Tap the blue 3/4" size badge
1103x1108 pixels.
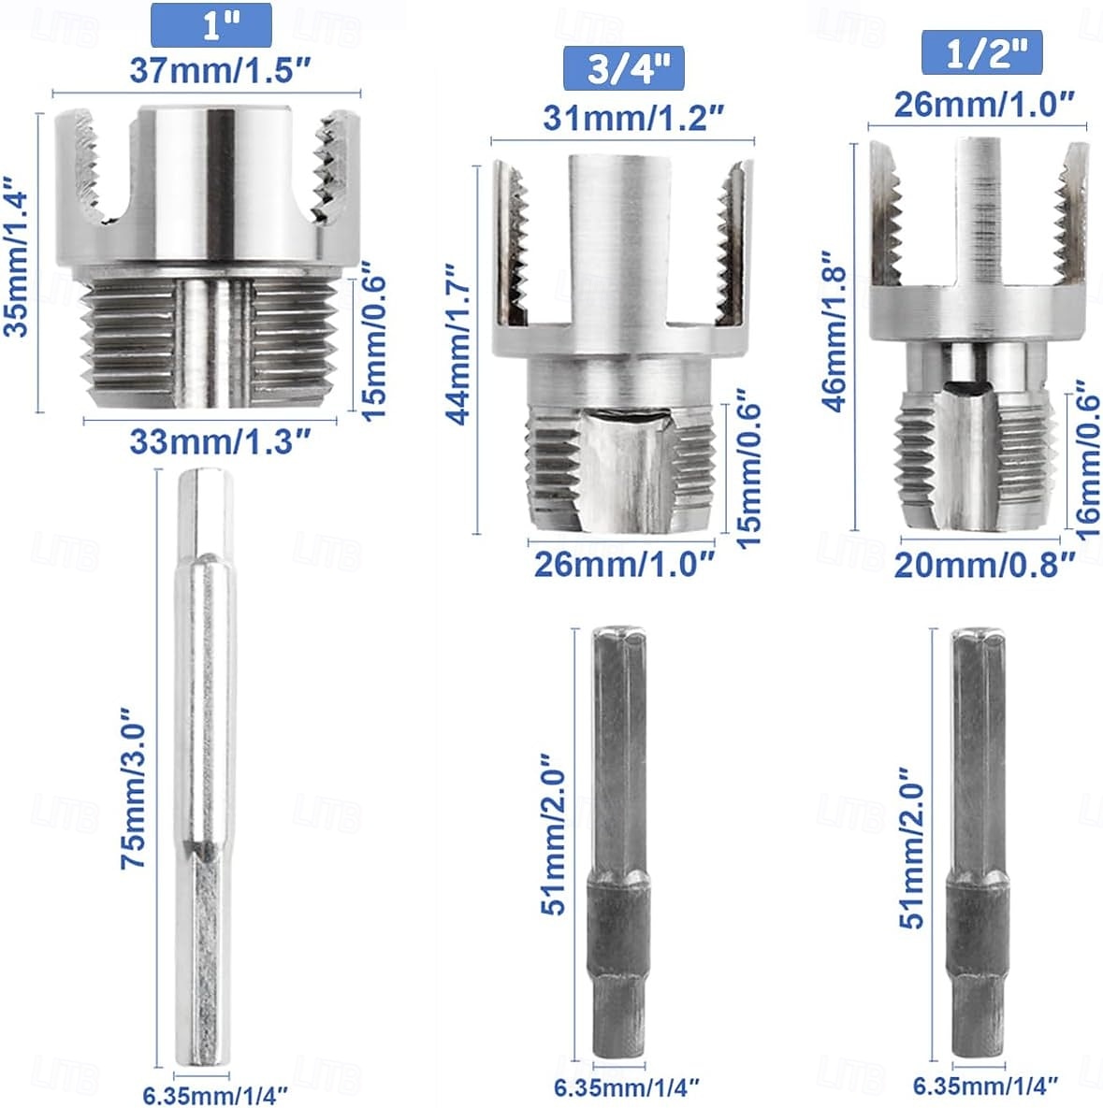[x=622, y=68]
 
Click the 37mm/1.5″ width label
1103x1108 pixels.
[x=220, y=71]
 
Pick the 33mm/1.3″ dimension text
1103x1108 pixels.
[x=219, y=440]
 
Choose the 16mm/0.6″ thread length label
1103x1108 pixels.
[x=1086, y=458]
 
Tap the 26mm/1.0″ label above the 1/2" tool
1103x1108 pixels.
[x=984, y=103]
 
